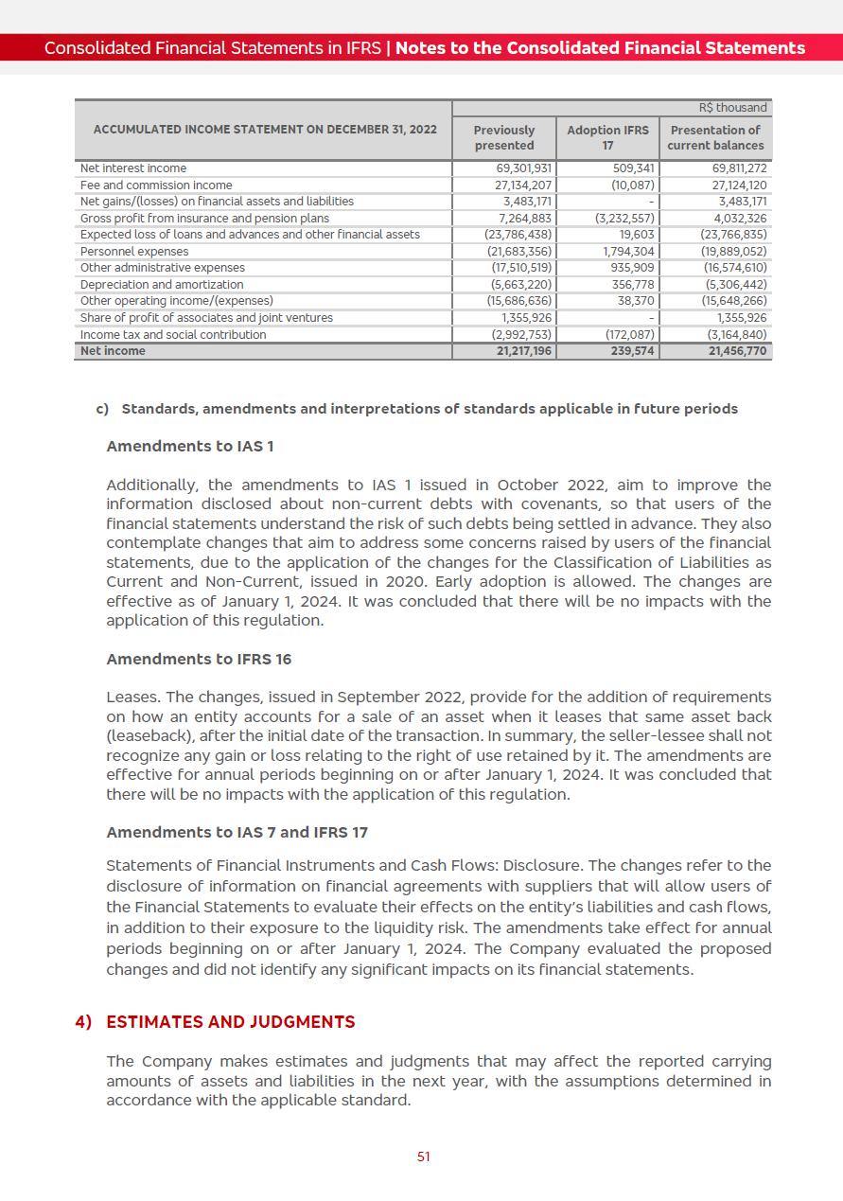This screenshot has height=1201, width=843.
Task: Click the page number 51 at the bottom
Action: click(424, 1157)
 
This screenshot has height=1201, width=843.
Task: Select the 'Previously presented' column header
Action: click(503, 137)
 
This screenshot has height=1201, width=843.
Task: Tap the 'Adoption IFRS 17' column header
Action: click(607, 137)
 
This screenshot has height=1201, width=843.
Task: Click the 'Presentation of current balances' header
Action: click(715, 137)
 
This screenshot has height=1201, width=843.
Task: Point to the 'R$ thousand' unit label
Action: click(741, 108)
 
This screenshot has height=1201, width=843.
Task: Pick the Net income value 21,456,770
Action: click(738, 351)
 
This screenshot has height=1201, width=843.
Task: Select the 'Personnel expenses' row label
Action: click(134, 252)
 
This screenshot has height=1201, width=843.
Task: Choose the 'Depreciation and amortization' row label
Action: click(162, 285)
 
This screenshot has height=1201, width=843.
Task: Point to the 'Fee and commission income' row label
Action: click(156, 185)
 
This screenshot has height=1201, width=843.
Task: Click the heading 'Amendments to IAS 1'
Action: click(190, 446)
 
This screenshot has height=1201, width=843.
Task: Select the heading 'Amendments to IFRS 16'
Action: click(199, 659)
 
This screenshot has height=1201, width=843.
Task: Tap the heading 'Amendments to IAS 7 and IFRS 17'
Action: click(237, 832)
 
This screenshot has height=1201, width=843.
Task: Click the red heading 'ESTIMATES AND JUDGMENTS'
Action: click(230, 1022)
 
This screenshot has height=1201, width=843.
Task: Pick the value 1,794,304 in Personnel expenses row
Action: click(629, 252)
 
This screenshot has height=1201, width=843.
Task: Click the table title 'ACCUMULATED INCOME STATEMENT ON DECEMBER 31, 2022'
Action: click(265, 129)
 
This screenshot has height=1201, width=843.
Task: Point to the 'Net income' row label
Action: click(113, 351)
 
